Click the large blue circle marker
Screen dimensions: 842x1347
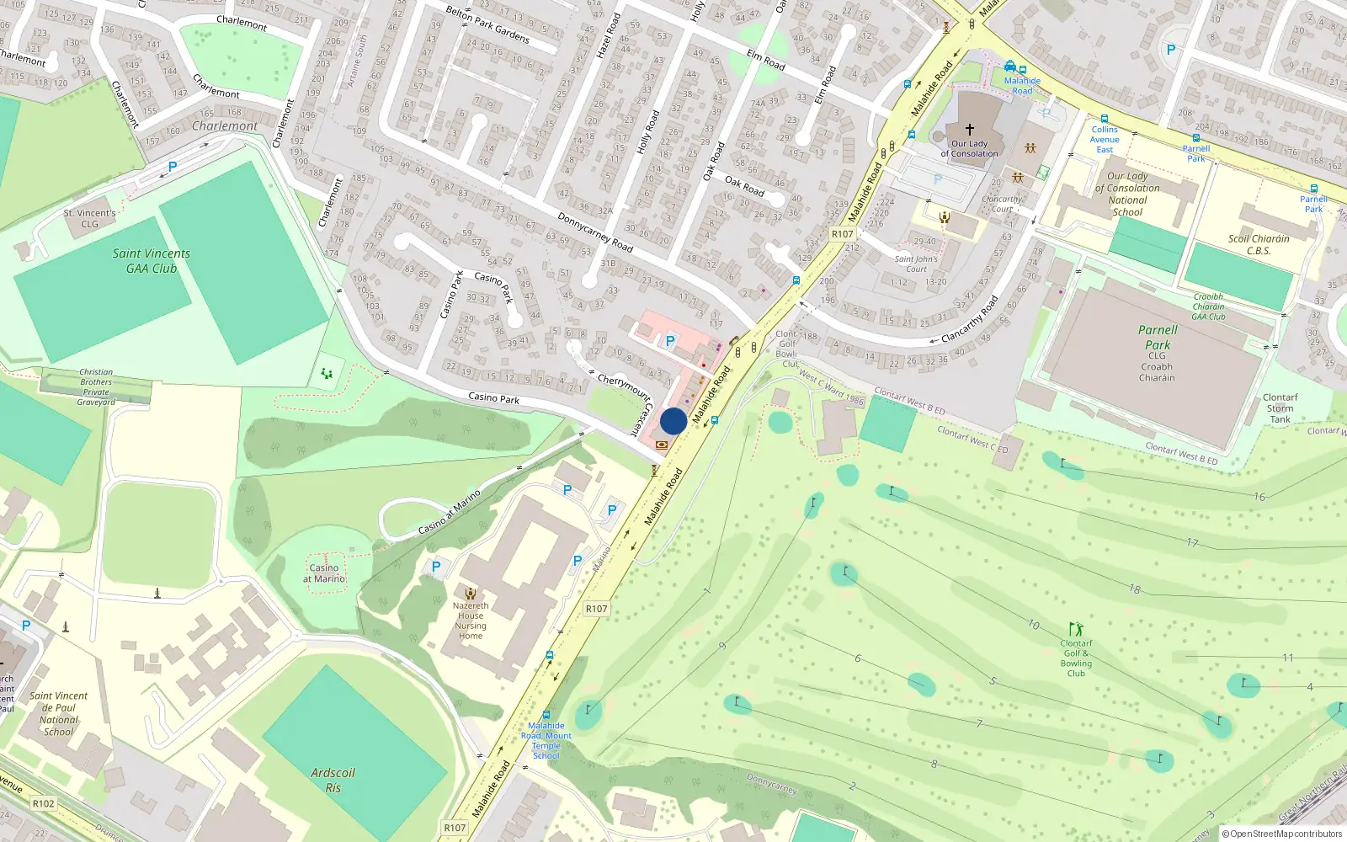pyautogui.click(x=673, y=421)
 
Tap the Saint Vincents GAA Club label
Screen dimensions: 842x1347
pyautogui.click(x=152, y=261)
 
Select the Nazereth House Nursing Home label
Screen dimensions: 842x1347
pyautogui.click(x=471, y=621)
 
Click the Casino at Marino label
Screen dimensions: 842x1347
pyautogui.click(x=324, y=573)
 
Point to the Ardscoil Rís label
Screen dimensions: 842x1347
pyautogui.click(x=333, y=781)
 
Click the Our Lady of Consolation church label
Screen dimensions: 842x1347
pyautogui.click(x=969, y=149)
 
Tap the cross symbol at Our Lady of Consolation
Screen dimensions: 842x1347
pyautogui.click(x=970, y=130)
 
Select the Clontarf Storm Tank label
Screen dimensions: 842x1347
pyautogui.click(x=1280, y=408)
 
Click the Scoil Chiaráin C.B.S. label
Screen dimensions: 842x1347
pyautogui.click(x=1259, y=244)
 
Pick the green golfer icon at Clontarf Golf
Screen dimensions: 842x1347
pyautogui.click(x=1076, y=629)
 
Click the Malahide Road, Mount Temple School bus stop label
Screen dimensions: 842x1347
pyautogui.click(x=546, y=741)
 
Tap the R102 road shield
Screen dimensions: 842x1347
pyautogui.click(x=44, y=803)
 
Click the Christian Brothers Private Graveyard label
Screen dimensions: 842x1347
pyautogui.click(x=96, y=387)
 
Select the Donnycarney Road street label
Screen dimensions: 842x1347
pyautogui.click(x=595, y=232)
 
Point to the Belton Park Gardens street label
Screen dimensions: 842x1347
pyautogui.click(x=487, y=24)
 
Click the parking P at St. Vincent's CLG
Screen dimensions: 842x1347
pyautogui.click(x=173, y=167)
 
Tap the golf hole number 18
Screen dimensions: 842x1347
pyautogui.click(x=1135, y=589)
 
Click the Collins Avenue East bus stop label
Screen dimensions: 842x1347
pyautogui.click(x=1105, y=140)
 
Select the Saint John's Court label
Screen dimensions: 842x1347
pyautogui.click(x=916, y=264)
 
